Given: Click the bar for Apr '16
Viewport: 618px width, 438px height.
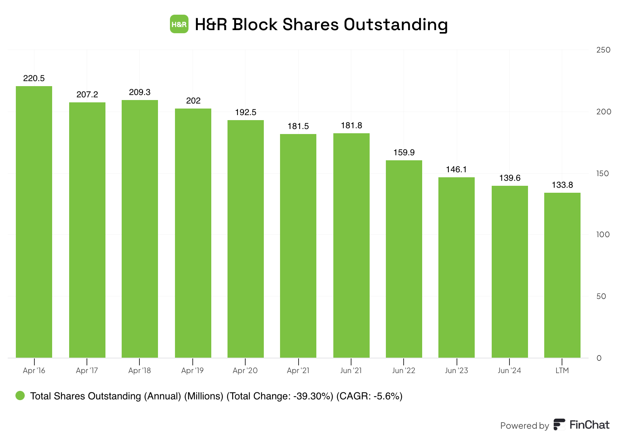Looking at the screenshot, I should coord(34,222).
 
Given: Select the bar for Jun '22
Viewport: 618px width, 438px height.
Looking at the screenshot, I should coord(404,259).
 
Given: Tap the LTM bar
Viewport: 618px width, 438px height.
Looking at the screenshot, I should coord(562,275).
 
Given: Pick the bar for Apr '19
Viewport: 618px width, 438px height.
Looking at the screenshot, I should coord(193,233).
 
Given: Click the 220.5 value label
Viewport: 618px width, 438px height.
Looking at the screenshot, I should coord(34,78).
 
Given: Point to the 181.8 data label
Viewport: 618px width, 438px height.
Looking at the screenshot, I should coord(351,126).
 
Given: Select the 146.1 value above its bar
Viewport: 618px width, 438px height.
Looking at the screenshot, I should coord(456,170).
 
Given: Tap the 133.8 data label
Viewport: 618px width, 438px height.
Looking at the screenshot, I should coord(562,185).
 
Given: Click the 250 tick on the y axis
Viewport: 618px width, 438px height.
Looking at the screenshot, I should coord(603,50).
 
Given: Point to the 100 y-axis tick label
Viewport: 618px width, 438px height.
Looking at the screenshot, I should coord(603,234).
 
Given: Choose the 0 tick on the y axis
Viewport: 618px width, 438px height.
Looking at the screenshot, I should coord(599,358).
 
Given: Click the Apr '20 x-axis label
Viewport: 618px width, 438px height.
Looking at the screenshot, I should coord(245,370).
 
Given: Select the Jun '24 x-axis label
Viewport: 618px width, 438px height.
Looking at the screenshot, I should coord(509,370).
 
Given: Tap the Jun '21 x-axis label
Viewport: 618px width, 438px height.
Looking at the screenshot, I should coord(351,370).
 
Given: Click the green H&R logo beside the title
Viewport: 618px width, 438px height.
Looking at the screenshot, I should coord(179,24).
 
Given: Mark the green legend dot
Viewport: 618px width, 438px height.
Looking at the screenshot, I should coord(20,396).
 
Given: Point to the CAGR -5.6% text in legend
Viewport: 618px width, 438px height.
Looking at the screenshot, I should coord(370,396).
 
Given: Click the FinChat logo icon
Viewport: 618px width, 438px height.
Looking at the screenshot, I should coord(559,424).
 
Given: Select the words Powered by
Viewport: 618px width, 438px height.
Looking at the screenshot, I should coord(525,426).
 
